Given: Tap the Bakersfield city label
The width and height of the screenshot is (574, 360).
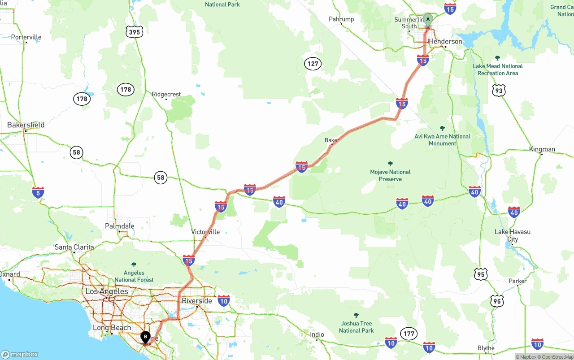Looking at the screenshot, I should (26, 125).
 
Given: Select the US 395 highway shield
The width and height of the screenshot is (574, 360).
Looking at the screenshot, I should (134, 31).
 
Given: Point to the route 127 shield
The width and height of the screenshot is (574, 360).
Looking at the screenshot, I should (313, 64).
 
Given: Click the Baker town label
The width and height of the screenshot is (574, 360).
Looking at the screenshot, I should (331, 140).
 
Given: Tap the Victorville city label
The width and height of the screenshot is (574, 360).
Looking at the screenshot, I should (205, 232).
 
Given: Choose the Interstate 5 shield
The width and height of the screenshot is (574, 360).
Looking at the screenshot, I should (38, 193).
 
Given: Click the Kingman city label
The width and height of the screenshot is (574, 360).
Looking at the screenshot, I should (542, 149).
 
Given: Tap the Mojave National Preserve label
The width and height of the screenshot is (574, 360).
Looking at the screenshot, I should (390, 175).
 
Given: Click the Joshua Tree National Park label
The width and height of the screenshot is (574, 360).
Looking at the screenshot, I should (356, 327).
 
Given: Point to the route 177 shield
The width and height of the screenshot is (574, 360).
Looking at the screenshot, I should (409, 334).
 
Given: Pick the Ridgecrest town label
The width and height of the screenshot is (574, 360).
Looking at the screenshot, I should (166, 94).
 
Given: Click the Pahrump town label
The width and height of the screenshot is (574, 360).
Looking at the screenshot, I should (341, 19).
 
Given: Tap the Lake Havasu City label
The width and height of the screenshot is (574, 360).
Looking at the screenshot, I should (513, 235).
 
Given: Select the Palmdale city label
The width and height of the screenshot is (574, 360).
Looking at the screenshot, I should (119, 226).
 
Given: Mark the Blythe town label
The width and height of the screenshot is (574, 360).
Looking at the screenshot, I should (486, 348).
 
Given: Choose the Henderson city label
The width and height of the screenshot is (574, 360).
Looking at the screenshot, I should (445, 41).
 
